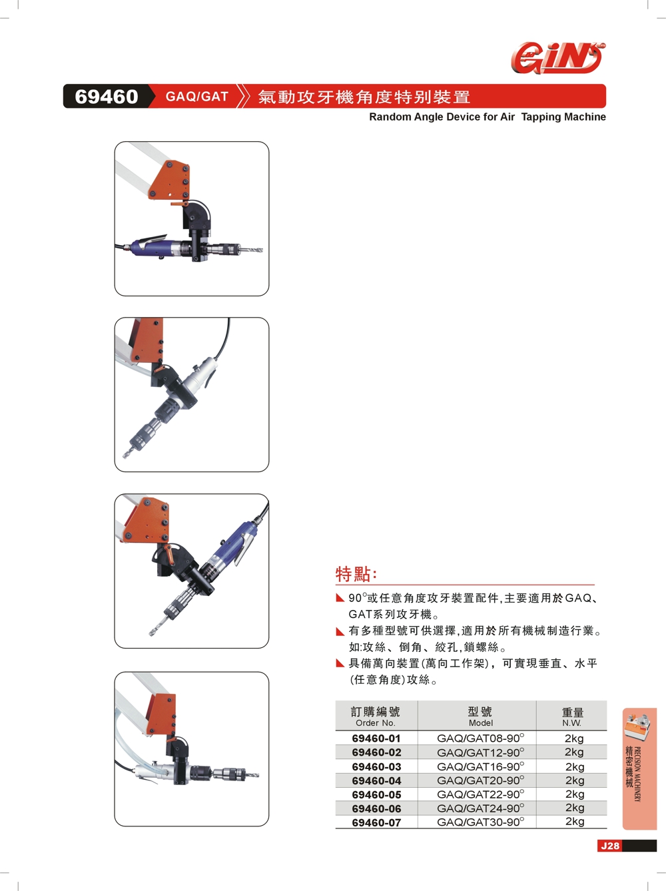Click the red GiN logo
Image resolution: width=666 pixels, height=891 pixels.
pyautogui.click(x=557, y=58)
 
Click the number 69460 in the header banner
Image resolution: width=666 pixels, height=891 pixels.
pyautogui.click(x=107, y=97)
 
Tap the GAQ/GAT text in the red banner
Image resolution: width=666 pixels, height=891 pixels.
pyautogui.click(x=197, y=97)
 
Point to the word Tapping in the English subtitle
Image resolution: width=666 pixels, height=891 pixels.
pyautogui.click(x=539, y=117)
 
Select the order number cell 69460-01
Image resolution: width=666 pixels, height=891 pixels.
pyautogui.click(x=376, y=739)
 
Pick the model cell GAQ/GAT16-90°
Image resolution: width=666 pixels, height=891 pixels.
pyautogui.click(x=481, y=766)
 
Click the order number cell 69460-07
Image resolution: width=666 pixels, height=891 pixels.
pyautogui.click(x=376, y=822)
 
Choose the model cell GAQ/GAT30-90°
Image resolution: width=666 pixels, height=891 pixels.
pyautogui.click(x=481, y=822)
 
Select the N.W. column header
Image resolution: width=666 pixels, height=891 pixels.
pyautogui.click(x=572, y=723)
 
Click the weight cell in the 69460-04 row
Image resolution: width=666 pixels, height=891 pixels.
pyautogui.click(x=575, y=780)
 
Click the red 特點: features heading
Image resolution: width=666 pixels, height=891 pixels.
pyautogui.click(x=356, y=575)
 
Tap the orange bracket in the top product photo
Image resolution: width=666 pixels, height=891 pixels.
pyautogui.click(x=169, y=180)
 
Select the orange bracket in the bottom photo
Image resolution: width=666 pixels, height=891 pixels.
pyautogui.click(x=161, y=713)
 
